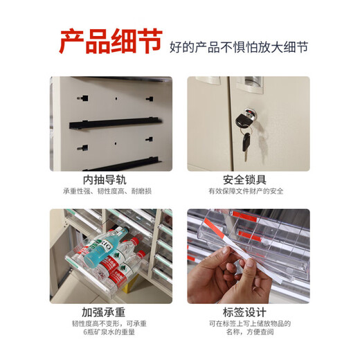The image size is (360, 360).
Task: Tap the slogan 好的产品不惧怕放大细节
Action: pyautogui.click(x=239, y=48)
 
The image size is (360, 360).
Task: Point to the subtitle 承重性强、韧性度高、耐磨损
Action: pyautogui.click(x=110, y=191)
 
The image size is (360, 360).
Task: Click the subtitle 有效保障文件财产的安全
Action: pyautogui.click(x=249, y=191)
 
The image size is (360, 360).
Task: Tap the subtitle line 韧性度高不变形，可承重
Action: pyautogui.click(x=110, y=324)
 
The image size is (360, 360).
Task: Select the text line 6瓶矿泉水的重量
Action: pyautogui.click(x=110, y=334)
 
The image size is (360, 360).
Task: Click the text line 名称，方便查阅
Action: pyautogui.click(x=249, y=334)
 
